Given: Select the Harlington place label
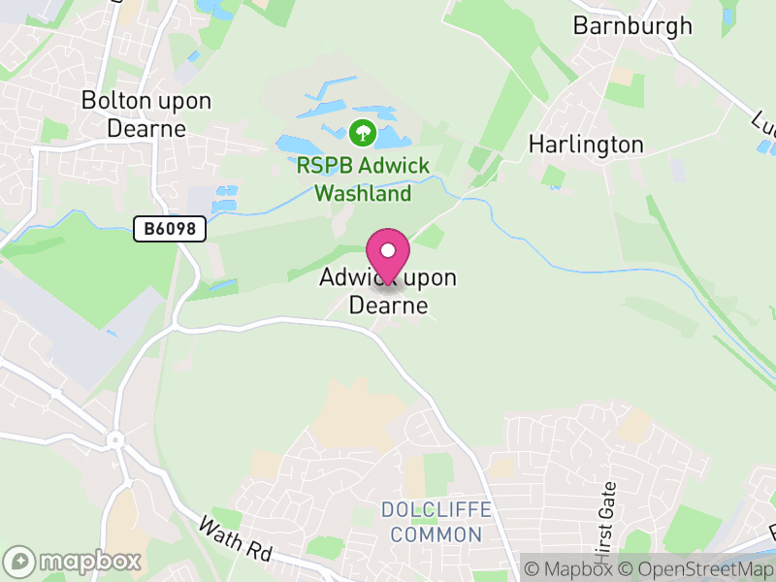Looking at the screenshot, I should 585,145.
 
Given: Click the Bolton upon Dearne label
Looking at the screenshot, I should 145,113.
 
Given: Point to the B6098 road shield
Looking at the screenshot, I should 170,229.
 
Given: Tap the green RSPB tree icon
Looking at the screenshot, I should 362,132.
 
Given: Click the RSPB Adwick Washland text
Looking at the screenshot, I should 363,178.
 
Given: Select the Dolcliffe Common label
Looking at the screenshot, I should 436,522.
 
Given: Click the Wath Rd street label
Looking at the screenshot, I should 235,540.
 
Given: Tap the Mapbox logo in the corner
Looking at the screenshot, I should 75,561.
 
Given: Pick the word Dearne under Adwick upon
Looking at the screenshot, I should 388,305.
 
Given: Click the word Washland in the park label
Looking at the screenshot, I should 363,193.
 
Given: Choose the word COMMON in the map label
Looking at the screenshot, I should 436,534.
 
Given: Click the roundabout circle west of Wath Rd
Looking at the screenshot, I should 116,439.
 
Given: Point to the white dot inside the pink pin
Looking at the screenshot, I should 388,250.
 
